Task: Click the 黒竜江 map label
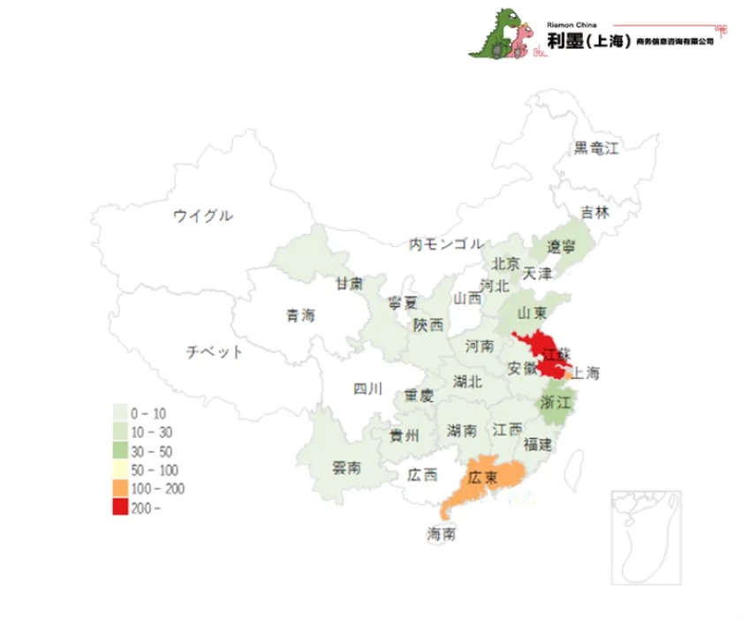[596, 147]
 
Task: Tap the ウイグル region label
[203, 215]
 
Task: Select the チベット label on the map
[214, 352]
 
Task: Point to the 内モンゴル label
[445, 244]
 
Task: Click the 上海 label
[585, 374]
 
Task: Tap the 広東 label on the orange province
[483, 478]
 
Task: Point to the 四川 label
[367, 389]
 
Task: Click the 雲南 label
[345, 468]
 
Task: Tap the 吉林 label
[594, 212]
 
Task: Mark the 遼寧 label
[561, 246]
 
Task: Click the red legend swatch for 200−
[119, 507]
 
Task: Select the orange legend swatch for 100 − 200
[119, 488]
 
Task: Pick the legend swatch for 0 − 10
[119, 413]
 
